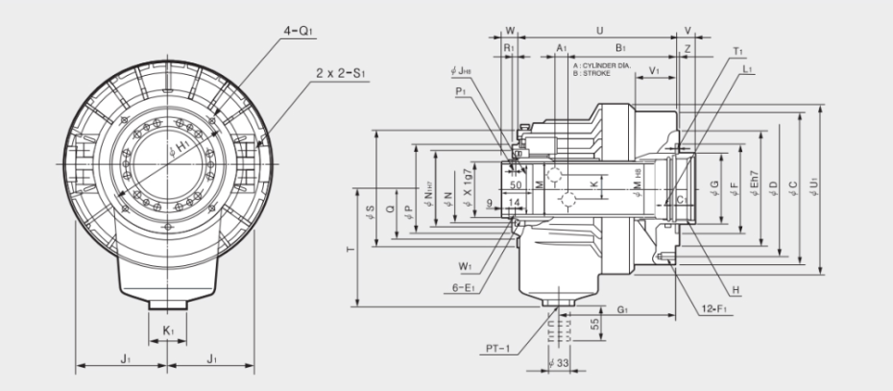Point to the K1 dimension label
point(168,330)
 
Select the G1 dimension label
point(623,309)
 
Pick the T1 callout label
point(737,50)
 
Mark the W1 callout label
point(466,265)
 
